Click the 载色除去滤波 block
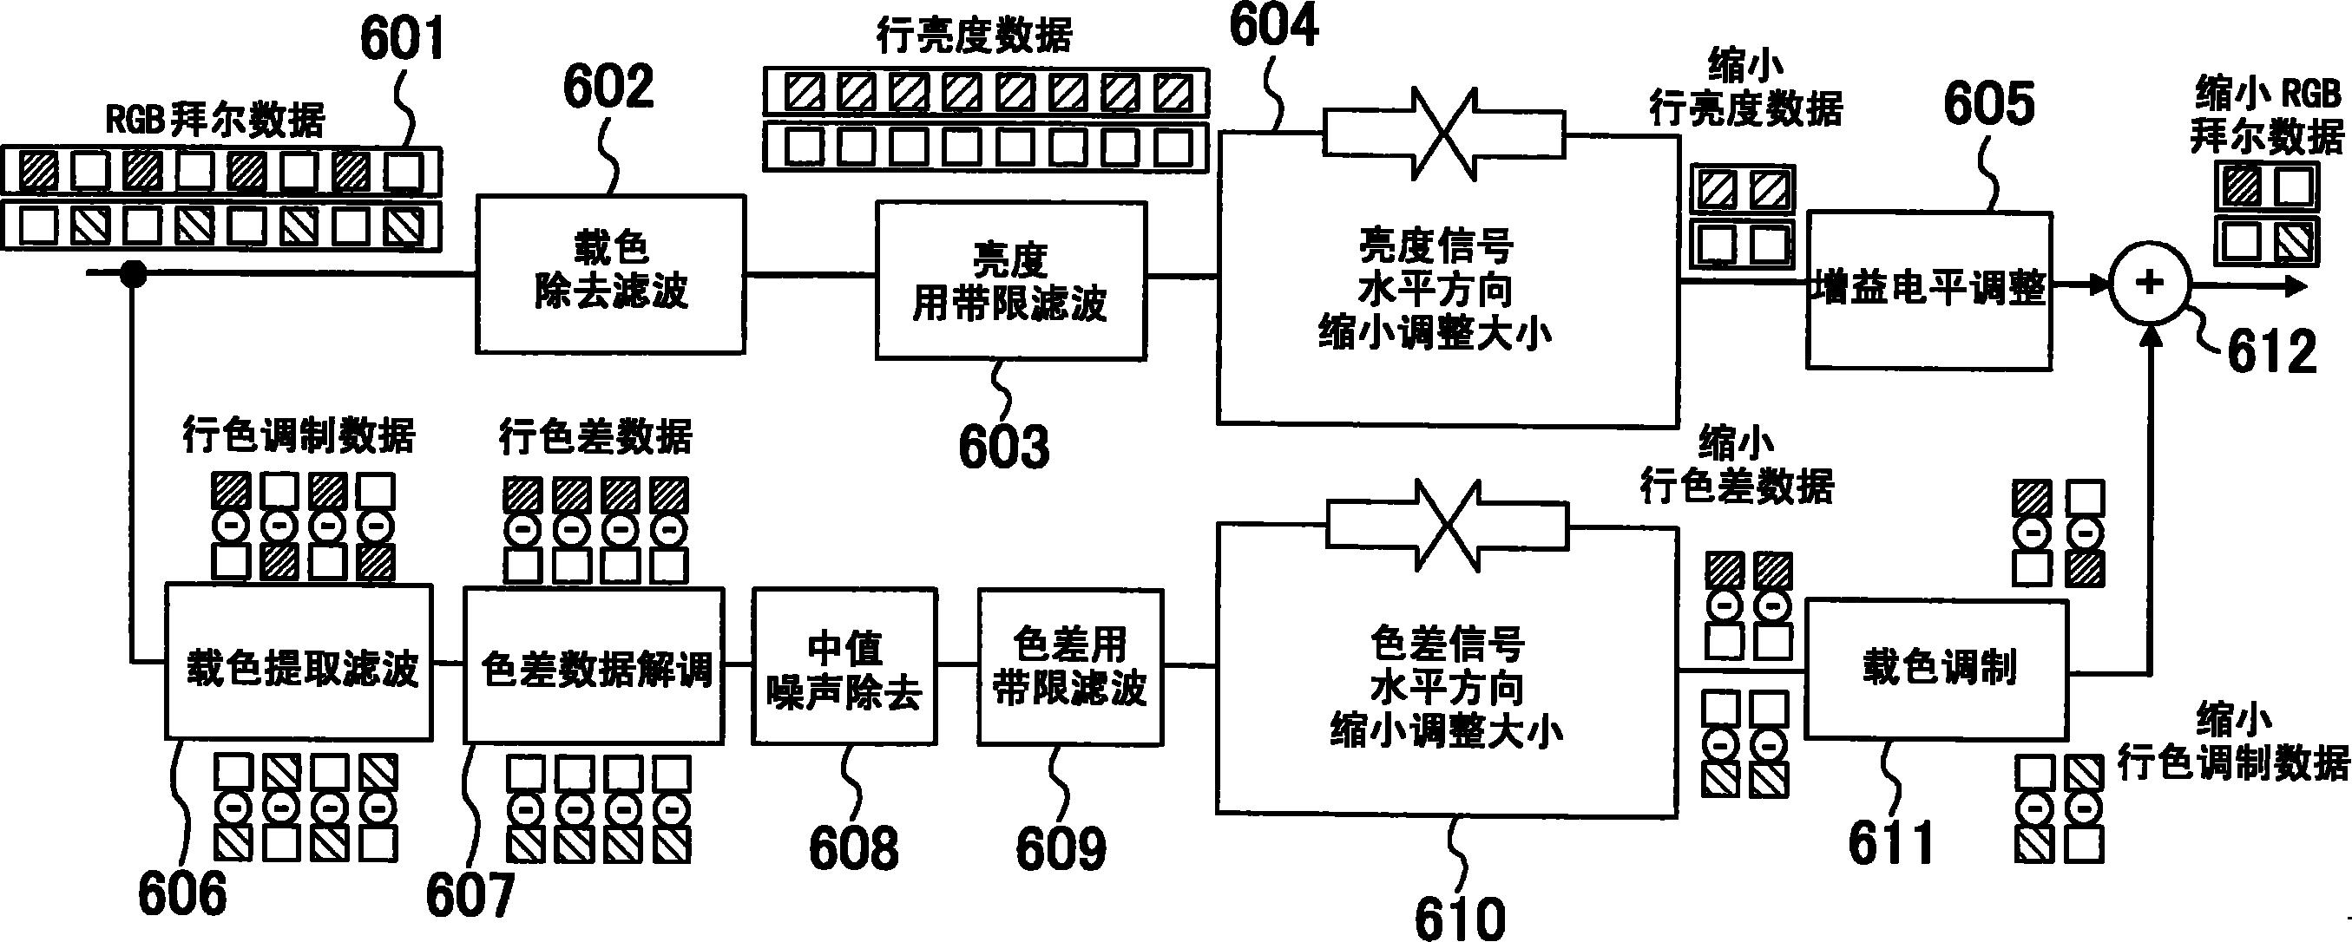tap(610, 273)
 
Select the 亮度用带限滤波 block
tap(1010, 280)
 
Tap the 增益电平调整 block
tap(1928, 291)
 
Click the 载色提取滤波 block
tap(298, 662)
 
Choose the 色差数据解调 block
tap(594, 664)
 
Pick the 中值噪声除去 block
tap(844, 665)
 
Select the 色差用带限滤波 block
tap(1069, 665)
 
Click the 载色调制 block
tap(1937, 668)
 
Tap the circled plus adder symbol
tap(2149, 283)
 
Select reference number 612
tap(2271, 351)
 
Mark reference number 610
tap(1459, 918)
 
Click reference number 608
tap(853, 848)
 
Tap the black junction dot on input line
tap(134, 273)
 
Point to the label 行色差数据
tap(595, 436)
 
